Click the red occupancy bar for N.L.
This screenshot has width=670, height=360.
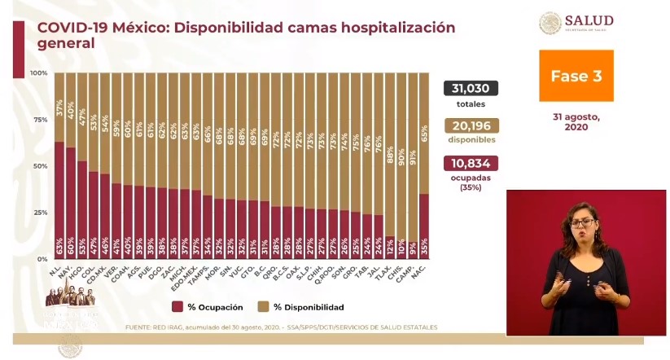[x=59, y=200]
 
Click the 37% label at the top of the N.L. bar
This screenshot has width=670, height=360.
[x=59, y=107]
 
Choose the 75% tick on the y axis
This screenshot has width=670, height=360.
[x=39, y=120]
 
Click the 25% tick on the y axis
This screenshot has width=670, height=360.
[x=39, y=213]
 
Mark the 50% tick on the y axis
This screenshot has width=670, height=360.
[x=39, y=166]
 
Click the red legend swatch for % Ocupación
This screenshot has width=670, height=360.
[x=177, y=307]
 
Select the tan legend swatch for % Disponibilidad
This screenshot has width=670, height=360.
[x=264, y=307]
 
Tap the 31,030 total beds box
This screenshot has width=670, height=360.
[x=471, y=89]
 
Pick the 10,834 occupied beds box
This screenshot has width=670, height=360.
[x=471, y=163]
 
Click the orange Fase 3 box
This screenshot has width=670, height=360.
[x=576, y=76]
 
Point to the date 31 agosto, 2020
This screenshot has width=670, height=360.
[x=576, y=121]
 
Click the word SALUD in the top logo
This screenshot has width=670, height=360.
[x=591, y=20]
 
